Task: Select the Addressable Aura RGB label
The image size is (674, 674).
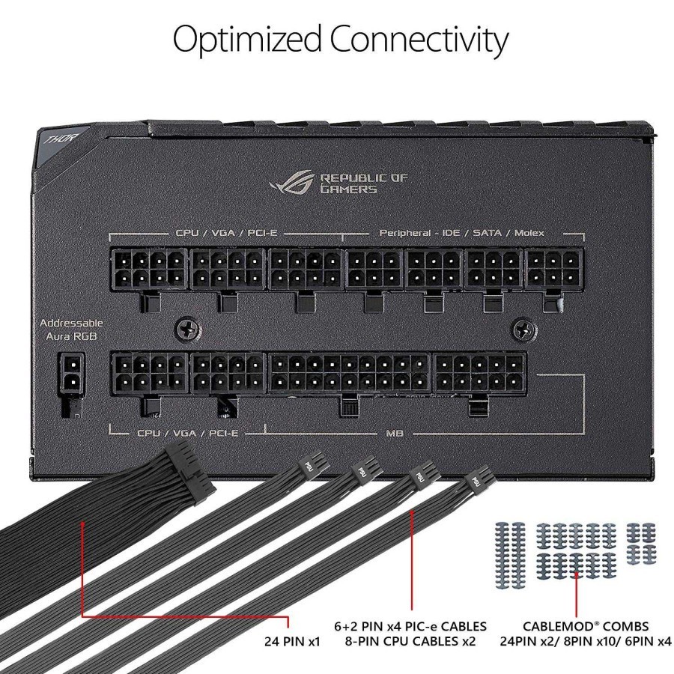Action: (x=71, y=330)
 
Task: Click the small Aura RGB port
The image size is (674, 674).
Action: (x=71, y=373)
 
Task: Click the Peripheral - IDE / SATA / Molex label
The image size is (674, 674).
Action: (x=461, y=233)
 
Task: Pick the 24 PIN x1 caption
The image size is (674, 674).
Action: (x=292, y=641)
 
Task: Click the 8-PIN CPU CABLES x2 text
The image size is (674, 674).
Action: (x=410, y=641)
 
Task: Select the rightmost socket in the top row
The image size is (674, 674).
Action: (x=554, y=270)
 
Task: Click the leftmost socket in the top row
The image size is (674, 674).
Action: (x=148, y=270)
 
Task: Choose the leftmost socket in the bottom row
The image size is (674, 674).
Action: (x=148, y=374)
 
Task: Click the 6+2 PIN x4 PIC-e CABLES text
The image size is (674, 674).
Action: (x=410, y=625)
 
